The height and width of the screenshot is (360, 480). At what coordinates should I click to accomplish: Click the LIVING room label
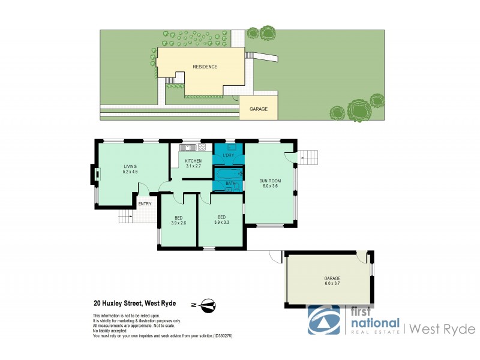coord(130,166)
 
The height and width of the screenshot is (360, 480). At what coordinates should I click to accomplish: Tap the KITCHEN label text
coord(193,161)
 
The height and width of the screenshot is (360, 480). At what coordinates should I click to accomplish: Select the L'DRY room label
coord(229,156)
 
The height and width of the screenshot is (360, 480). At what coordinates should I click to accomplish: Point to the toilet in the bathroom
coord(237,187)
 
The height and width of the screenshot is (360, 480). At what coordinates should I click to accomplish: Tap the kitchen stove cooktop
coord(202,147)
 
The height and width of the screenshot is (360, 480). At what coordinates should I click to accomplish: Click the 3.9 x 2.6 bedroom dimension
coord(179,223)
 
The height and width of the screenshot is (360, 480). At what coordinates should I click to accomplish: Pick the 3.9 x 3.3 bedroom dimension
coord(221,223)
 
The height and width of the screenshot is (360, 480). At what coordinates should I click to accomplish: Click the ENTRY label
coord(145,204)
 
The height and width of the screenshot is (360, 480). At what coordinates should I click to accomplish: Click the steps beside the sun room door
coord(310,158)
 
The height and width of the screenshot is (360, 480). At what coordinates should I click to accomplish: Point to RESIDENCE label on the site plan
coord(205,67)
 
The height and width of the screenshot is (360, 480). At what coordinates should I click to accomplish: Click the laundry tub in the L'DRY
coord(231,147)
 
